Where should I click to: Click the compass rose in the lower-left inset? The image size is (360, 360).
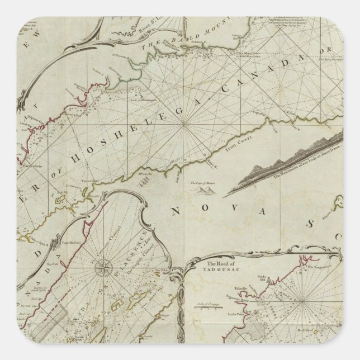(x=105, y=271)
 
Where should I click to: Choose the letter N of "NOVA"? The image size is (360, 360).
(x=176, y=211)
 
